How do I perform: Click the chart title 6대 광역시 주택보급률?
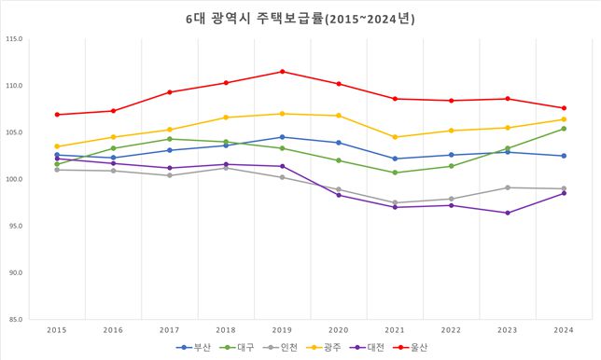click(300, 18)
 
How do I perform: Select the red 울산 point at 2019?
click(283, 72)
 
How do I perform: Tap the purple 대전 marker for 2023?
click(508, 213)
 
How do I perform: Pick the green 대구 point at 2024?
click(564, 129)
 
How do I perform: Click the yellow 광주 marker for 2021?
click(395, 137)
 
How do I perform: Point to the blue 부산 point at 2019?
click(283, 137)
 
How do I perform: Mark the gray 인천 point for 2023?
click(508, 187)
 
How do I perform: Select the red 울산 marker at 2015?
click(57, 115)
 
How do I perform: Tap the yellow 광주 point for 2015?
click(57, 146)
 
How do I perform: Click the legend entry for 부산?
click(193, 348)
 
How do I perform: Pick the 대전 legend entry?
click(371, 348)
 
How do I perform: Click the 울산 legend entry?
click(416, 348)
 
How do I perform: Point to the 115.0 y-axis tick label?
click(14, 39)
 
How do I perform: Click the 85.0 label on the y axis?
click(16, 319)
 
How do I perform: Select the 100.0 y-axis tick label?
click(14, 179)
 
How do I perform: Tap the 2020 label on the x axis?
click(339, 329)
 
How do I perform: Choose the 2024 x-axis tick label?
click(564, 329)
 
